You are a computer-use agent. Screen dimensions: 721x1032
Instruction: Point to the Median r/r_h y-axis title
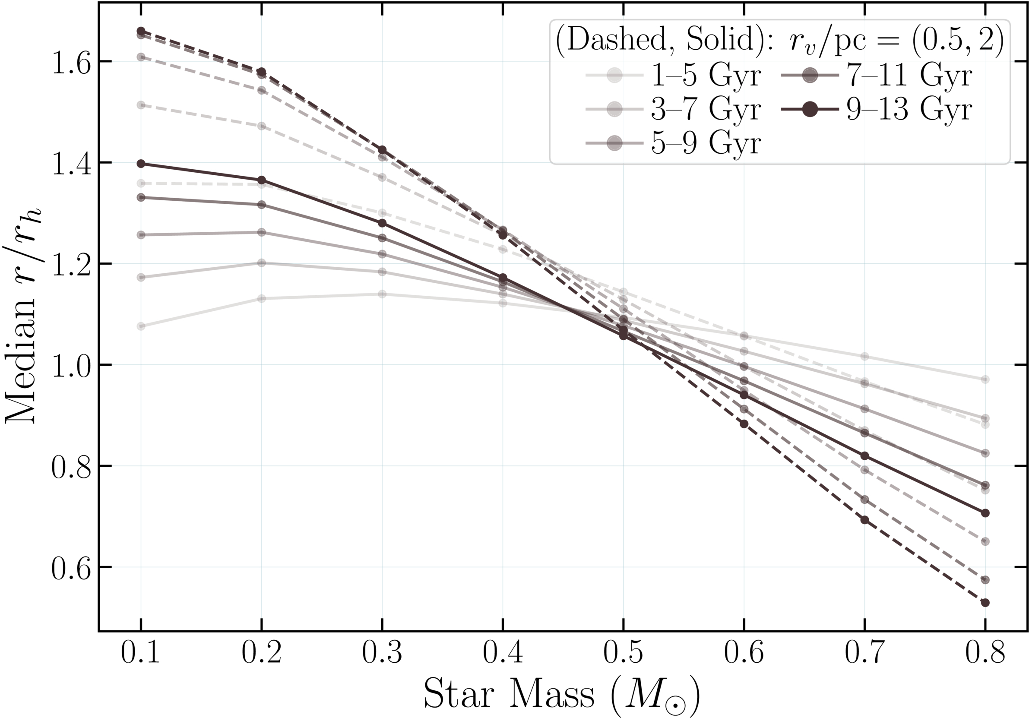22,315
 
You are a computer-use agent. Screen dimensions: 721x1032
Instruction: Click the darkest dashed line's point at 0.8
985,603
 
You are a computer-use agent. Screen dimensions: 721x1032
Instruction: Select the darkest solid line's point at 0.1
141,164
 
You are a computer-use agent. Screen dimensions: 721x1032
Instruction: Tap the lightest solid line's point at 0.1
141,326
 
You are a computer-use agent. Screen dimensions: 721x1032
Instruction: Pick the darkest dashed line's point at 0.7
864,520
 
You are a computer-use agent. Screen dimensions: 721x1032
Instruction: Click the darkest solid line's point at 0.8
985,513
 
